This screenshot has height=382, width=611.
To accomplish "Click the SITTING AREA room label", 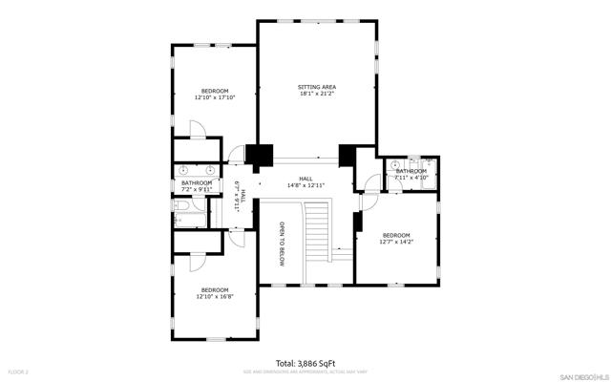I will (x=317, y=87).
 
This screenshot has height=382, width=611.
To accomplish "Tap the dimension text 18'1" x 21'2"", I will (x=317, y=95).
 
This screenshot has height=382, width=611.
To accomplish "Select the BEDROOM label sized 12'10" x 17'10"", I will (x=214, y=91).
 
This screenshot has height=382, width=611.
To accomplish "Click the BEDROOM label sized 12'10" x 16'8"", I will (x=214, y=289).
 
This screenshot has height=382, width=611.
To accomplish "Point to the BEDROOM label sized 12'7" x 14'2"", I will (x=395, y=235).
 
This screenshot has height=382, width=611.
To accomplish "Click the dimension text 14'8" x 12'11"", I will (x=305, y=185).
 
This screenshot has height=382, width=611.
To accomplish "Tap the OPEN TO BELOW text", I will (x=282, y=243).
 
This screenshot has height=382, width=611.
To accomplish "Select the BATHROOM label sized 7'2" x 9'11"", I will (x=197, y=182).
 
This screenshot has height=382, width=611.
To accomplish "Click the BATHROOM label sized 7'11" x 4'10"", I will (x=411, y=171).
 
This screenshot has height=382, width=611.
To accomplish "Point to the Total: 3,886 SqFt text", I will (x=305, y=363).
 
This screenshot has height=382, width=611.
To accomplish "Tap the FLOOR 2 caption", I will (x=18, y=371).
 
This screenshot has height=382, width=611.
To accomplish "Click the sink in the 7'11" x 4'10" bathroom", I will (x=394, y=165).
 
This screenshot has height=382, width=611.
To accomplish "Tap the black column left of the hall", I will (x=257, y=156).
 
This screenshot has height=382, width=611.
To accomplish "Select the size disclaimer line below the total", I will (x=305, y=371).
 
